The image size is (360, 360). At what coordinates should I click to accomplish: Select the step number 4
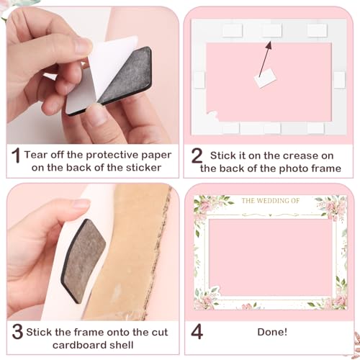click(196, 332)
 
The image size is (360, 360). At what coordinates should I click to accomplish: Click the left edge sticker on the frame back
click(199, 80)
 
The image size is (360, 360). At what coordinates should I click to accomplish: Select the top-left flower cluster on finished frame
click(209, 209)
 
